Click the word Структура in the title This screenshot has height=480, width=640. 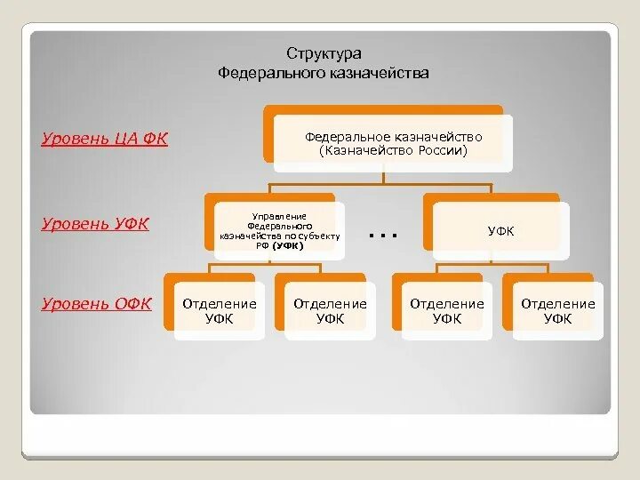[324, 54]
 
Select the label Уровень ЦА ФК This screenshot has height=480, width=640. [104, 140]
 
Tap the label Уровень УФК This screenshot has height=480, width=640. [94, 223]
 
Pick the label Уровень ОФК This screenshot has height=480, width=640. [96, 304]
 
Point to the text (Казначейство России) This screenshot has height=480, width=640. [393, 151]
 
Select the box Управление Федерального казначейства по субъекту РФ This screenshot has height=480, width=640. [277, 230]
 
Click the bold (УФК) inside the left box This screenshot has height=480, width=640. [289, 245]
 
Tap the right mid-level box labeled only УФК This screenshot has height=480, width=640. [500, 231]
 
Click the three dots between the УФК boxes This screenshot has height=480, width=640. [381, 235]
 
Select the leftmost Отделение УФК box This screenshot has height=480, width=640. [219, 311]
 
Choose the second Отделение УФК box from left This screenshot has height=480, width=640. [330, 311]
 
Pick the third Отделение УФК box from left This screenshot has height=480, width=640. [446, 311]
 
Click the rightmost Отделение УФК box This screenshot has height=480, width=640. [557, 311]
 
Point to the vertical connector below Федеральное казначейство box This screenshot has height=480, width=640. [383, 178]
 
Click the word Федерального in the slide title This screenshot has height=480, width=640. [262, 73]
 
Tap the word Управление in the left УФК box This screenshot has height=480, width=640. [277, 216]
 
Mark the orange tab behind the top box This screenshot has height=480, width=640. [268, 133]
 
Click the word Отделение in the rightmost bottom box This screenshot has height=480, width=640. [557, 304]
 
